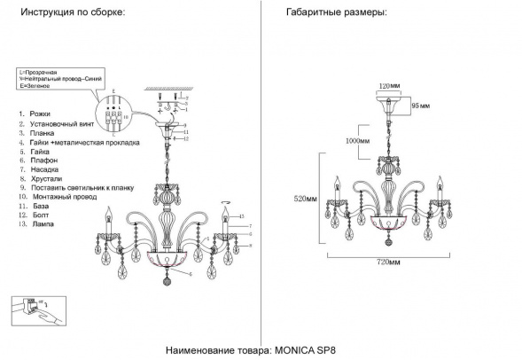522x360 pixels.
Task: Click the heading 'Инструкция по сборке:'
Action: pyautogui.click(x=72, y=15)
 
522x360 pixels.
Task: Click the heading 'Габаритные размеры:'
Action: pyautogui.click(x=337, y=15)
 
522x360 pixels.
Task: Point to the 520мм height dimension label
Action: pyautogui.click(x=307, y=200)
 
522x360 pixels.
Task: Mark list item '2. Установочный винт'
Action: pyautogui.click(x=55, y=124)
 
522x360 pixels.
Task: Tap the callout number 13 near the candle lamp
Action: pyautogui.click(x=240, y=216)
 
